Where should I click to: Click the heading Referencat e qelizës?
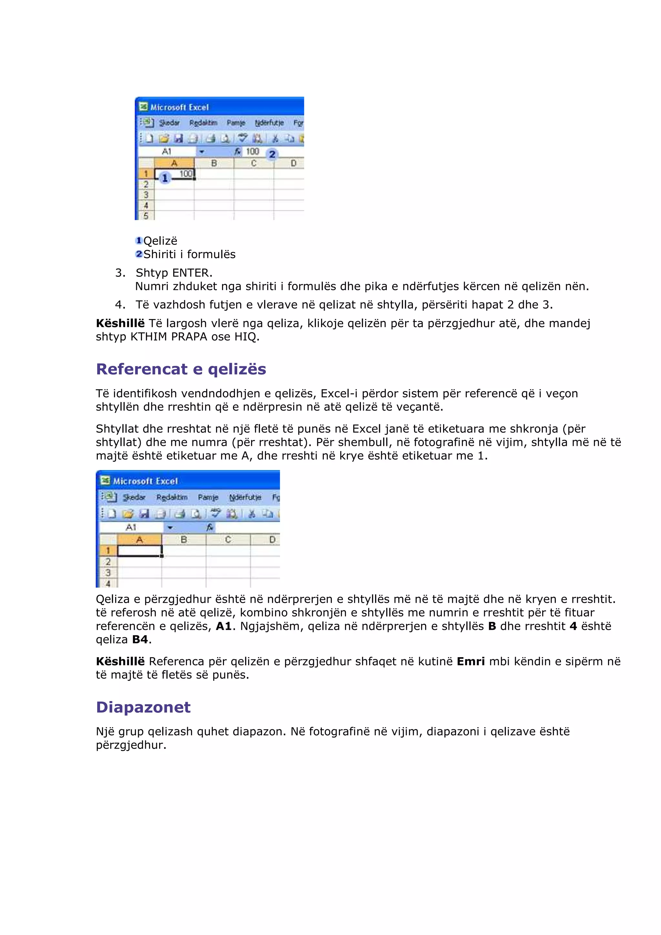tap(181, 369)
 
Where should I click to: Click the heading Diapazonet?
tap(143, 707)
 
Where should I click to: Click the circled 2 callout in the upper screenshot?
tap(272, 154)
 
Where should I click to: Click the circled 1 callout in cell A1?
tap(165, 178)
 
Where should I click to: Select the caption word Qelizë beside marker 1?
tap(160, 241)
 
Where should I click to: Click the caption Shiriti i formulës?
tap(189, 255)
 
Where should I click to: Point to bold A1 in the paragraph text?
tap(224, 626)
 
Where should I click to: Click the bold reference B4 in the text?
tap(140, 640)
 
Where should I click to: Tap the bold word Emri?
tap(471, 661)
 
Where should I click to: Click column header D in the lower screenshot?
tap(272, 539)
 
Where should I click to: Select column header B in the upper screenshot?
tap(214, 163)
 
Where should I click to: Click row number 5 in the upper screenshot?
tap(145, 216)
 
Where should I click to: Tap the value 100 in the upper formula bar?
tap(252, 152)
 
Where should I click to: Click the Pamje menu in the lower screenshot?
tap(208, 497)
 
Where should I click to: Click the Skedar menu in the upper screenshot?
tap(169, 123)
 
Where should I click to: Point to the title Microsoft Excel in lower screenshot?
tap(145, 481)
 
